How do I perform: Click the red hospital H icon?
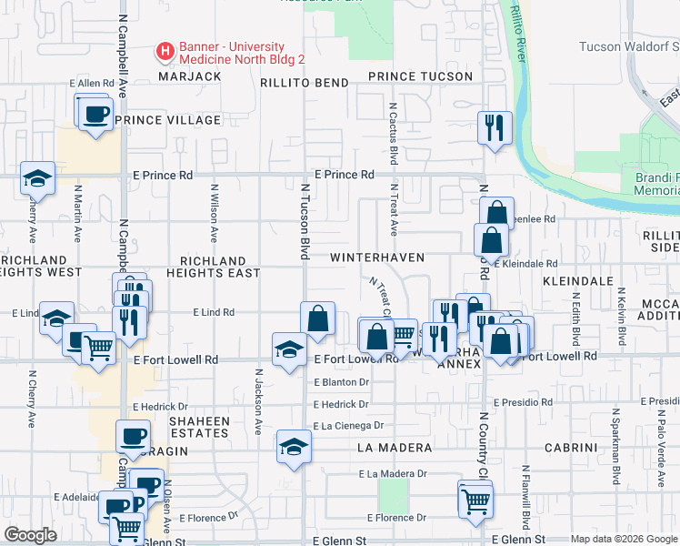(165, 53)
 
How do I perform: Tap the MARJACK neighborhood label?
(190, 77)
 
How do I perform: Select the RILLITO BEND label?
(305, 83)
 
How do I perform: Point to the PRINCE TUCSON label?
(421, 77)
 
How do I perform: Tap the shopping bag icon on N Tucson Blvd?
(317, 318)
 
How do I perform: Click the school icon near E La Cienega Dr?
(294, 446)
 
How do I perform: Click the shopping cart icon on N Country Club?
(475, 500)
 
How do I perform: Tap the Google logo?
(30, 535)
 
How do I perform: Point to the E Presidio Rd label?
(523, 401)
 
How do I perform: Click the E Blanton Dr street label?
(341, 382)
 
